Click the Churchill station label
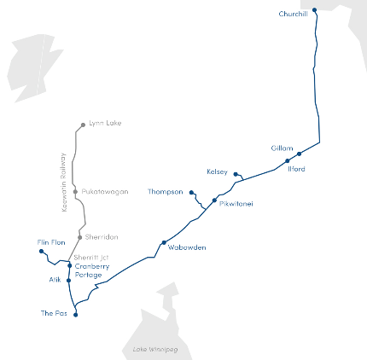pyautogui.click(x=293, y=14)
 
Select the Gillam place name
pyautogui.click(x=283, y=148)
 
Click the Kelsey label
pyautogui.click(x=218, y=171)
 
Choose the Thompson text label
pyautogui.click(x=166, y=191)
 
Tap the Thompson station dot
pyautogui.click(x=191, y=192)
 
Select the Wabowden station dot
pyautogui.click(x=164, y=243)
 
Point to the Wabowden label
pyautogui.click(x=187, y=247)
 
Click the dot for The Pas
pyautogui.click(x=75, y=315)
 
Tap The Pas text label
pyautogui.click(x=53, y=314)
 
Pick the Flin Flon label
pyautogui.click(x=51, y=242)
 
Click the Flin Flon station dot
pyautogui.click(x=42, y=252)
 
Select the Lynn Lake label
pyautogui.click(x=105, y=123)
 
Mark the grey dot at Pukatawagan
pyautogui.click(x=76, y=192)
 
